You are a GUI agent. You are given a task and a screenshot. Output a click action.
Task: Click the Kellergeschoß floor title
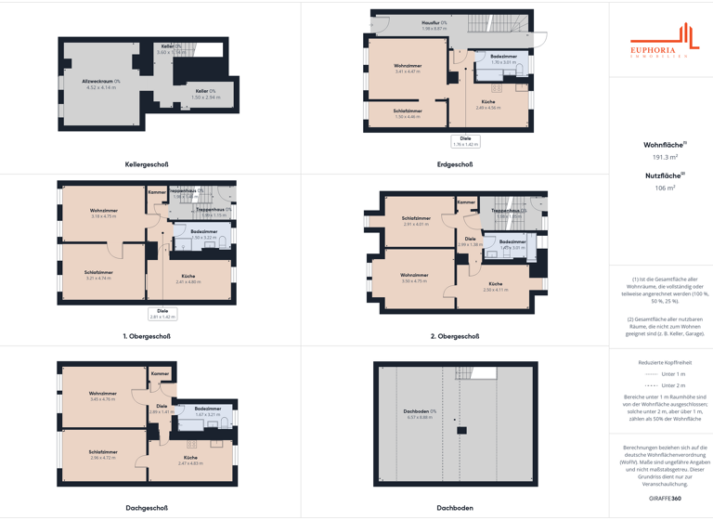147,164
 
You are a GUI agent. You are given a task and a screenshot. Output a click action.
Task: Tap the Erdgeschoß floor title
455,164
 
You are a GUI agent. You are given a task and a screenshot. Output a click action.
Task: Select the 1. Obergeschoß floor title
147,336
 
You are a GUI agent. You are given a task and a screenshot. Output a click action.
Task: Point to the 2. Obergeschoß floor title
455,336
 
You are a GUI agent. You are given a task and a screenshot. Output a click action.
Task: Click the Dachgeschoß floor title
147,508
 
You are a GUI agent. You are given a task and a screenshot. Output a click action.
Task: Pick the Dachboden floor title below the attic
455,508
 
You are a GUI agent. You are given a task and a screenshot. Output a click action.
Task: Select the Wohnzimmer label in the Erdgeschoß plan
408,66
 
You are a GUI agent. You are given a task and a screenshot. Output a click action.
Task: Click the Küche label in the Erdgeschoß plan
488,102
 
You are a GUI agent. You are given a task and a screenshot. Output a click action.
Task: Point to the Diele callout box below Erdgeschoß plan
465,141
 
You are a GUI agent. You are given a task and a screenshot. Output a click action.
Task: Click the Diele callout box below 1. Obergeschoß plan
162,314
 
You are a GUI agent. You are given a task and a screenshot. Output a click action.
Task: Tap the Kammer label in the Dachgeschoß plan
161,373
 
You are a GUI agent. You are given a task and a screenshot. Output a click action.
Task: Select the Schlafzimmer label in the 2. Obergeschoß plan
416,219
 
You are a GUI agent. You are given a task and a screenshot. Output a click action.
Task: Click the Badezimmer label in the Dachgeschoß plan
208,409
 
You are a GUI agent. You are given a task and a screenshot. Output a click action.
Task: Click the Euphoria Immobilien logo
661,43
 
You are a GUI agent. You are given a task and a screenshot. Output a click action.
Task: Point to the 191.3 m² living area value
665,158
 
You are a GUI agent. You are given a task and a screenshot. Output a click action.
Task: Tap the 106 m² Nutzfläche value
665,188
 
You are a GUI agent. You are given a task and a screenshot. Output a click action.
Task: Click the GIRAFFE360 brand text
665,499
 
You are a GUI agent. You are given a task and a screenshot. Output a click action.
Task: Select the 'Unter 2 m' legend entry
665,385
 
